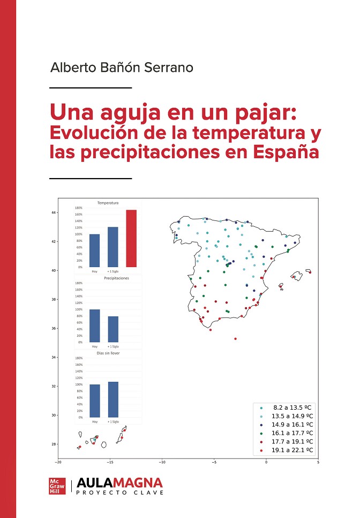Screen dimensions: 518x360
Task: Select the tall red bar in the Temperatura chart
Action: (x=131, y=238)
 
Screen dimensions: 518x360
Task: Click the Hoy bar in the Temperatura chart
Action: (x=94, y=250)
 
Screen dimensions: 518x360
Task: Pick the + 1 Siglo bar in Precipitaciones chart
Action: (x=113, y=329)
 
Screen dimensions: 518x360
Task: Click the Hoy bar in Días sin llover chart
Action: (x=94, y=401)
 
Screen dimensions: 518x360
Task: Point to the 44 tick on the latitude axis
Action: (x=54, y=213)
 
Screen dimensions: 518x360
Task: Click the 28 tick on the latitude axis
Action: (x=54, y=444)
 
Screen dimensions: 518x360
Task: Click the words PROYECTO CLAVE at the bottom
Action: (x=120, y=492)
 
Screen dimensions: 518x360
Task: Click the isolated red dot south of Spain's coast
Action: (x=235, y=338)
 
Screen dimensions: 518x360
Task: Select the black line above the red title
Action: (x=90, y=87)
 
